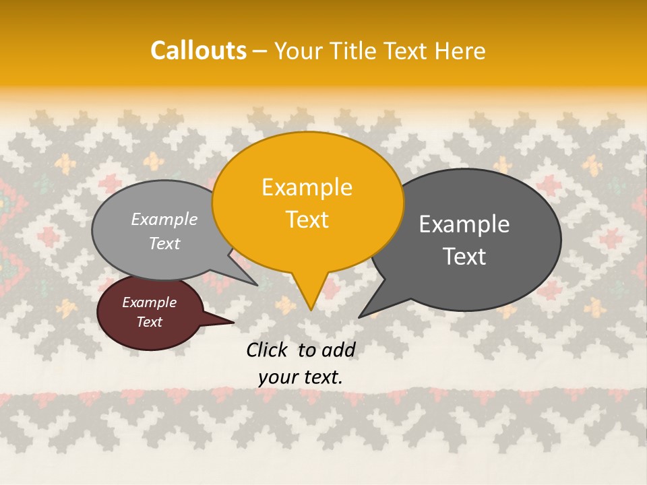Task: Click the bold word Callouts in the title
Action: pos(198,51)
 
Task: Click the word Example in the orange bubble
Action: pos(307,187)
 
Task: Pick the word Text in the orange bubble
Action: pos(307,220)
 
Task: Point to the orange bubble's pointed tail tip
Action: pos(311,309)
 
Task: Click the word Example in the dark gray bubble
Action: pos(464,224)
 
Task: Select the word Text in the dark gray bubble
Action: pos(464,257)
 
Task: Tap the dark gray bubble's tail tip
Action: pos(360,317)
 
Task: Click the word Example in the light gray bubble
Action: pos(164,219)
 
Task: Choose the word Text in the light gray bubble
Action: pos(164,244)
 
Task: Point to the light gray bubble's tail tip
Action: pos(257,285)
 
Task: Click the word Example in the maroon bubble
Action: pos(149,302)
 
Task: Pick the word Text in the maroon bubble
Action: pos(149,322)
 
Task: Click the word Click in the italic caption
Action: pos(269,350)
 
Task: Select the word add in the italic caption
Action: pos(338,350)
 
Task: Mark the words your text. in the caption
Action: pos(301,377)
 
